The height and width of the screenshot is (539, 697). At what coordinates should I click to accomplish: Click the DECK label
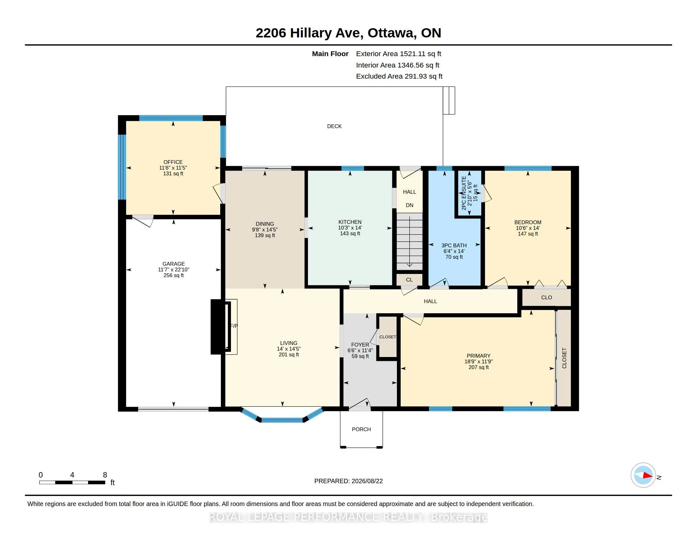334,126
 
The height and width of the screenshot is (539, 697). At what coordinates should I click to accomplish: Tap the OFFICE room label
173,162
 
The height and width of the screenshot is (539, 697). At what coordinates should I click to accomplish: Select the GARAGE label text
174,264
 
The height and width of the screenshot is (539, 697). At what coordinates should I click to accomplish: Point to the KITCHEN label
350,222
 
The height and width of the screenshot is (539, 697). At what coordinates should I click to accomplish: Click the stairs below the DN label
409,242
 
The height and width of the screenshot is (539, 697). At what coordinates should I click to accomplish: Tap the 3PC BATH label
454,245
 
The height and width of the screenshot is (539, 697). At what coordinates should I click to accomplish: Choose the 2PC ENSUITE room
468,193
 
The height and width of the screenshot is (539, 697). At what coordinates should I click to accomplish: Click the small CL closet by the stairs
409,280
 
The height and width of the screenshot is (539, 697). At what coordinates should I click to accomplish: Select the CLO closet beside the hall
547,297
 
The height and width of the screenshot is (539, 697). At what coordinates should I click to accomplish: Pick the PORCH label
361,429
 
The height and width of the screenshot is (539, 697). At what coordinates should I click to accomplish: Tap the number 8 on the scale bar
105,475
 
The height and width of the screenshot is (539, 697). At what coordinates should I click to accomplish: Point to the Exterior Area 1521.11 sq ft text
399,54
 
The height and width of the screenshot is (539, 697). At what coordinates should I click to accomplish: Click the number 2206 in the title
271,33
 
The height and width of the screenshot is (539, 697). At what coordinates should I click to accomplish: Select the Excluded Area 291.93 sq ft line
399,76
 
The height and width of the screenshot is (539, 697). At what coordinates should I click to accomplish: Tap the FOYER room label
360,345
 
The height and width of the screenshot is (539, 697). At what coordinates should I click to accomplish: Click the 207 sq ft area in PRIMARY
478,367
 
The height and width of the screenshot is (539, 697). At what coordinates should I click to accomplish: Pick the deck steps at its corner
449,100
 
